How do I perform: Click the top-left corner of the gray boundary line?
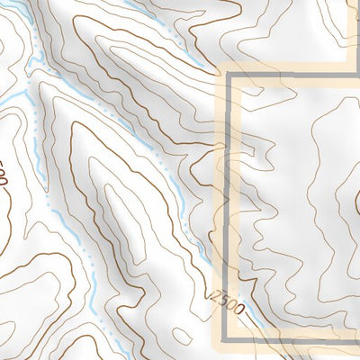tap(230, 78)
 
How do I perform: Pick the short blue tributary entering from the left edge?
tap(11, 93)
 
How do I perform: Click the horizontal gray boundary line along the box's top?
tap(297, 78)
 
